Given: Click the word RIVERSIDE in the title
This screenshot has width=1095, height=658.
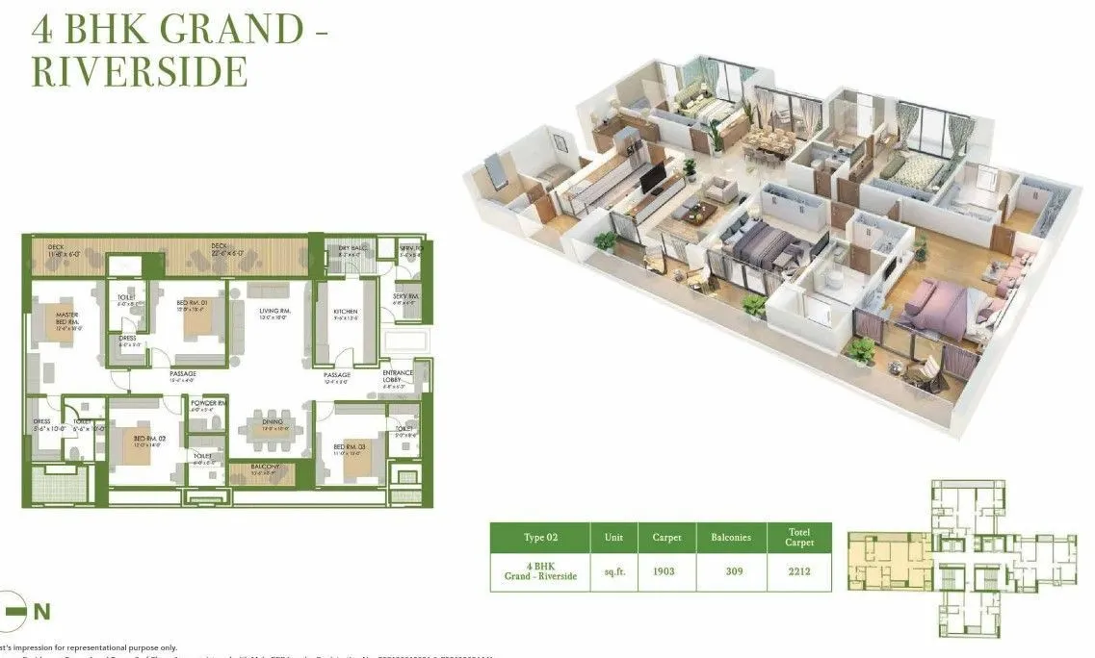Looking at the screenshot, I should tap(141, 71).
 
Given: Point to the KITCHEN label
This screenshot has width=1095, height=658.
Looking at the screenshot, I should tap(345, 312).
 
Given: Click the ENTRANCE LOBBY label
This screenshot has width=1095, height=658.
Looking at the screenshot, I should tap(397, 376).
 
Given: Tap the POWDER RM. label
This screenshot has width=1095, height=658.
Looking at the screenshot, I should tap(207, 404).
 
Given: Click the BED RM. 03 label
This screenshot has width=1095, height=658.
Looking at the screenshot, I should tap(347, 447).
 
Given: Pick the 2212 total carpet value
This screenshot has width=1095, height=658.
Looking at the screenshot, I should tap(798, 571).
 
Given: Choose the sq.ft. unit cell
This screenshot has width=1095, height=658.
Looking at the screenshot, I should tap(613, 571).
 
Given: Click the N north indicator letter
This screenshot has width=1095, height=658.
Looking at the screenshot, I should tap(41, 611).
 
